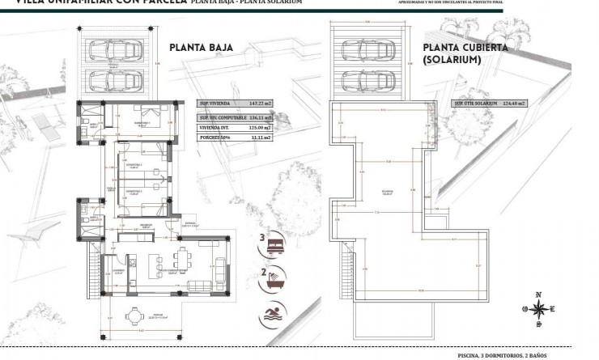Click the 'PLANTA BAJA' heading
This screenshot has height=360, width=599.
click(201, 48)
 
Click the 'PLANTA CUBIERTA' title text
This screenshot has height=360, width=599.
click(465, 48)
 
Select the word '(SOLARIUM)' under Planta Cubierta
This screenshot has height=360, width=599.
click(452, 60)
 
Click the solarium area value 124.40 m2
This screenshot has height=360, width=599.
click(512, 104)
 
